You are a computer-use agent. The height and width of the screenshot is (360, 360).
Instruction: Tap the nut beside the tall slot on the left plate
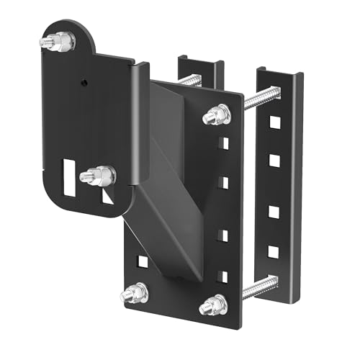click(99, 175)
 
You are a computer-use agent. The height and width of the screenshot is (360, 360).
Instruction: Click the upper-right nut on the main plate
click(217, 114)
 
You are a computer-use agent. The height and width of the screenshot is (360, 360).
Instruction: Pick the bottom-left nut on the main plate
click(135, 293)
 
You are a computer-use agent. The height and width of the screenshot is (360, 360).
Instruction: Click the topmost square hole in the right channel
click(274, 122)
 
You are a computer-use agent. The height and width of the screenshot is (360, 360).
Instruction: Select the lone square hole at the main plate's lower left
click(143, 261)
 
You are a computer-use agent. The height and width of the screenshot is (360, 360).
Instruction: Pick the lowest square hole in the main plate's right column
click(223, 276)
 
